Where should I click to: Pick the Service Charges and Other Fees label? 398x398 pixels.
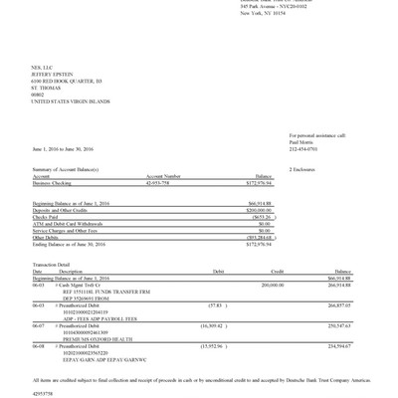click(x=67, y=230)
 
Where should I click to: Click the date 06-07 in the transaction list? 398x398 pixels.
click(x=38, y=324)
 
